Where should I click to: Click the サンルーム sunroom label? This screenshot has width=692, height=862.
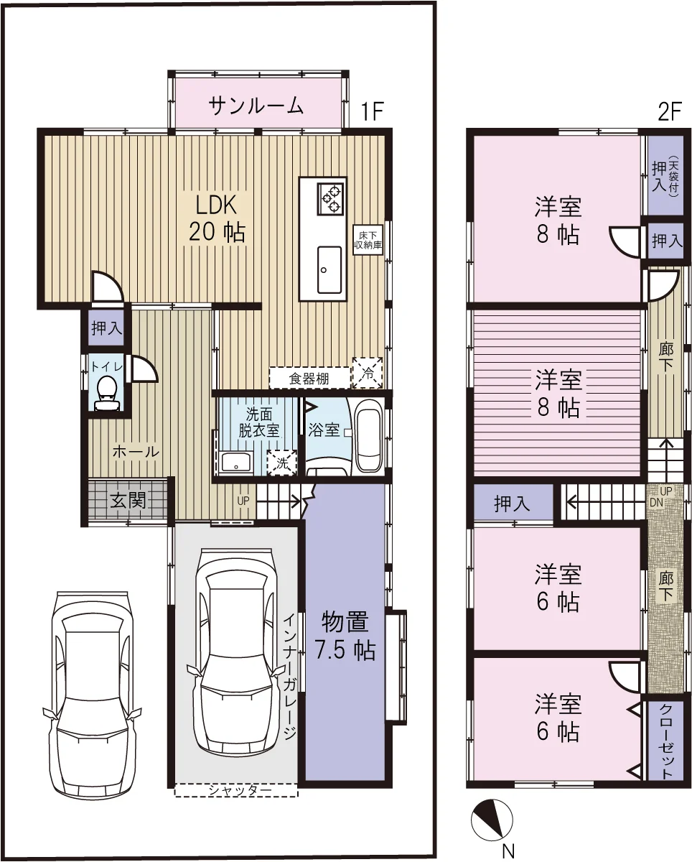[256, 106]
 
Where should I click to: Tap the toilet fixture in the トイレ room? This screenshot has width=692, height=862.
[107, 394]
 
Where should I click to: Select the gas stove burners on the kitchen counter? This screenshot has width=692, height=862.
[331, 198]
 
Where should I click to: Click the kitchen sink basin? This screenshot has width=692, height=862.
[329, 269]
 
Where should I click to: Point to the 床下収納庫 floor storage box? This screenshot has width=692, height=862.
[368, 241]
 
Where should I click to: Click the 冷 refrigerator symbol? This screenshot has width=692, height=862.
[368, 373]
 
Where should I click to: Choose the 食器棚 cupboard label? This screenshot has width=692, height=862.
[309, 378]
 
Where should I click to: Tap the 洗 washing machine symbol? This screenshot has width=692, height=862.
[283, 463]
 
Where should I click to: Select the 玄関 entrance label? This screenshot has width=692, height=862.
[128, 500]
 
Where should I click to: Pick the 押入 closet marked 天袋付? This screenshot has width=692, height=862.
[665, 176]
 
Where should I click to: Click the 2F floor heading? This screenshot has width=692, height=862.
[670, 113]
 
